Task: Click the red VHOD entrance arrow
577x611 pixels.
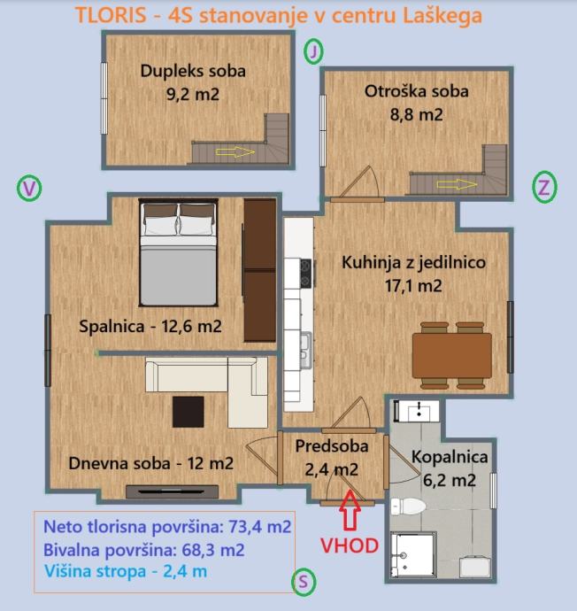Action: point(350,510)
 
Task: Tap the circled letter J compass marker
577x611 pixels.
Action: point(313,51)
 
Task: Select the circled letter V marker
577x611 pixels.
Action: point(29,189)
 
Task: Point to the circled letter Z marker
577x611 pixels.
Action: point(544,187)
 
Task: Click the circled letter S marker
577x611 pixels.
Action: point(304,582)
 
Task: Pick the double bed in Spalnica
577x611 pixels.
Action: point(178,252)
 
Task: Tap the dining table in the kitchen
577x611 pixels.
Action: point(452,355)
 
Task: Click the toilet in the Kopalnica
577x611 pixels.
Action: point(408,506)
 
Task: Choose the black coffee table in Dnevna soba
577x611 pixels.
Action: point(188,412)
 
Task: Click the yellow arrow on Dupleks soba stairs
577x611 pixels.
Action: point(235,152)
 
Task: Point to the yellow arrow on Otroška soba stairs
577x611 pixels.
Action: point(457,184)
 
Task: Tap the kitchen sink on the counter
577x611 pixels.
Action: point(306,349)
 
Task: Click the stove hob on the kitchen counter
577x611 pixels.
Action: point(305,273)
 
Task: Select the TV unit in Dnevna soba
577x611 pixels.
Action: point(172,491)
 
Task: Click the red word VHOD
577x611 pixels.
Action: point(350,545)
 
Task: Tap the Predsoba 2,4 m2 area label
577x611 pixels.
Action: point(332,458)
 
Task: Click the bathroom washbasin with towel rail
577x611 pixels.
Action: point(417,411)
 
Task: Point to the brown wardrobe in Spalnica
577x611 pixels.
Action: point(259,270)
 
